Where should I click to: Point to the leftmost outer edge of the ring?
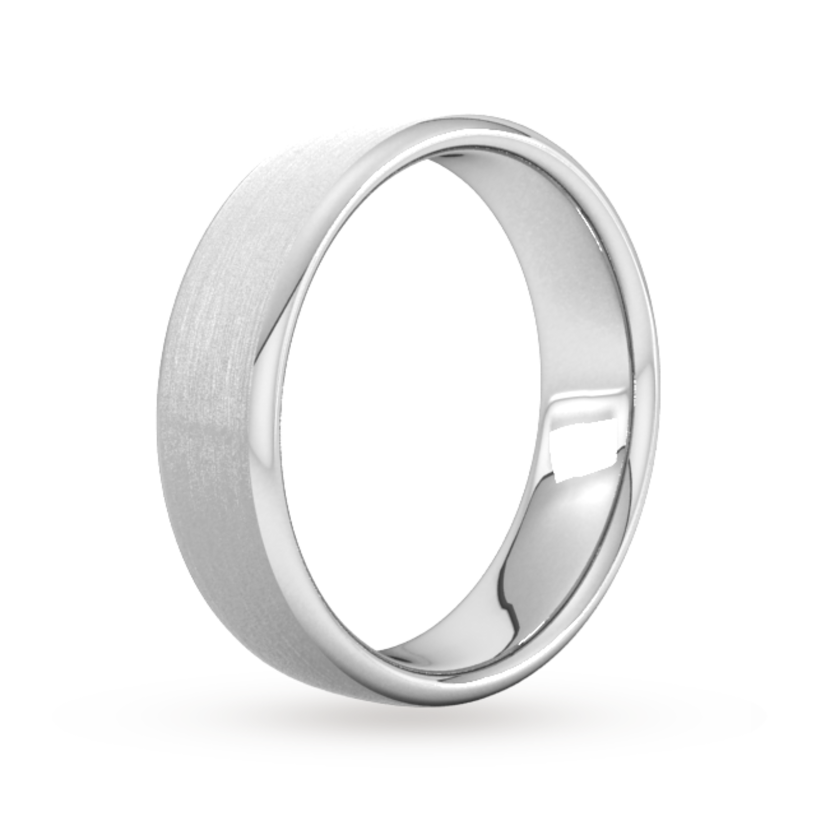(154, 408)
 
